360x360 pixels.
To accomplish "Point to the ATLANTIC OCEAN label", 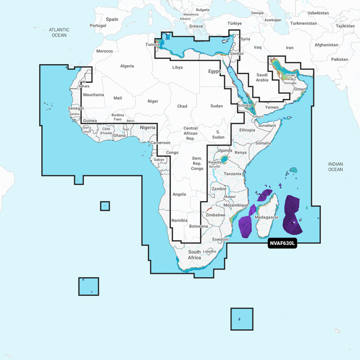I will (59, 32).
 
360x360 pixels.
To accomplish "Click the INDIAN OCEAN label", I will (335, 166).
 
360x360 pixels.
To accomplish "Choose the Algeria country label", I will (127, 66).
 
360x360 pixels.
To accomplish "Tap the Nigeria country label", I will (147, 127).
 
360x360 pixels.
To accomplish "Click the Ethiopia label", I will (247, 130).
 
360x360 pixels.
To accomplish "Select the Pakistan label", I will (339, 59).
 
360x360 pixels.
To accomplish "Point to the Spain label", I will (112, 19).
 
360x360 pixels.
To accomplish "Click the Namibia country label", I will (179, 220).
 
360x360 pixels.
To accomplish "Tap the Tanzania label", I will (233, 173).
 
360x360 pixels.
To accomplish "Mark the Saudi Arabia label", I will (262, 77).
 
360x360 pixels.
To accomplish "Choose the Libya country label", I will (177, 67).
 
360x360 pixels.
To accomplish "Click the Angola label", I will (179, 194).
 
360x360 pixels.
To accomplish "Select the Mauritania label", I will (93, 94).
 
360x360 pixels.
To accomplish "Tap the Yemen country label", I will (271, 107).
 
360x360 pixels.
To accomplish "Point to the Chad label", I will (182, 106).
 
